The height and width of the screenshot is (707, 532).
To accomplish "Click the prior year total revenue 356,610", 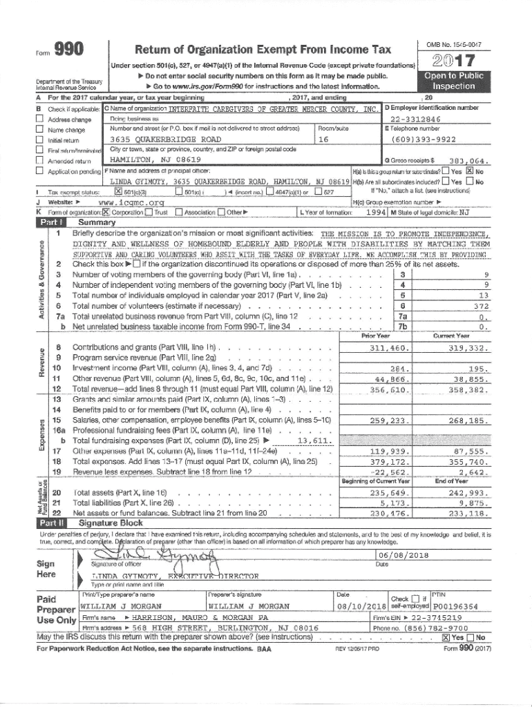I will pyautogui.click(x=390, y=389).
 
